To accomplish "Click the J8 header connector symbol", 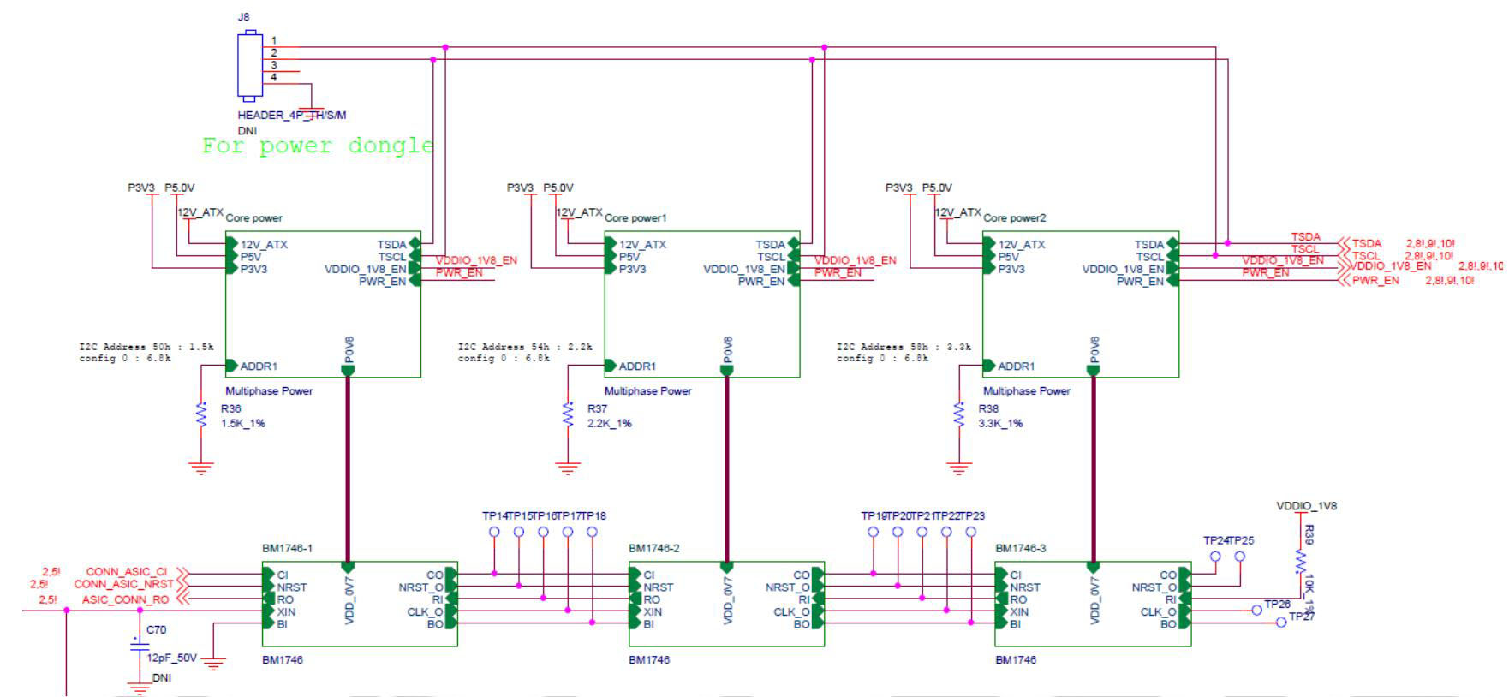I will [x=249, y=64].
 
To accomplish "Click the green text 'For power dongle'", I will [x=318, y=146].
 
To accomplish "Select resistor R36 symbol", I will [x=201, y=415].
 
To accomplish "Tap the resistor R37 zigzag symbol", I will [x=568, y=415].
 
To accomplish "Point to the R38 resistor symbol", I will [x=958, y=415].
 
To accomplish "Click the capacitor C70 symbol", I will [x=139, y=645].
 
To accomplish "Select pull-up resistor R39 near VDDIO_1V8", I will [x=1300, y=561].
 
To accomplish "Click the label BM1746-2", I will [x=653, y=548].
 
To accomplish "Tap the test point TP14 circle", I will [x=494, y=532].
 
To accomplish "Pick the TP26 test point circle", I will [x=1256, y=611].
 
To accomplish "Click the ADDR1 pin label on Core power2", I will [x=1016, y=366].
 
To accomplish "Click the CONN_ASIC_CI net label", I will [x=127, y=572].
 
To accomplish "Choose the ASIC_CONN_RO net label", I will [x=125, y=599].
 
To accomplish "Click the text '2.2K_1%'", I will [x=609, y=423].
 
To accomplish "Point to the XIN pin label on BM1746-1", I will [x=286, y=611].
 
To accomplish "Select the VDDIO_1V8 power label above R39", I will [x=1306, y=506].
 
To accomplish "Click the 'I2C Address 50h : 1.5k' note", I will [x=146, y=347].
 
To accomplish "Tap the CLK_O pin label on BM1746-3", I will [x=1158, y=611].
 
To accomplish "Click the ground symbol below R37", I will [x=568, y=468].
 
